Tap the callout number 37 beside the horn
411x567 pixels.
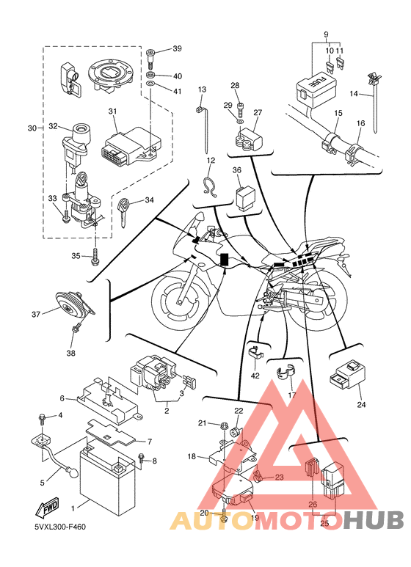pyautogui.click(x=36, y=314)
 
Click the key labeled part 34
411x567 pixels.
pyautogui.click(x=123, y=213)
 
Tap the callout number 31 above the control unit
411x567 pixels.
pyautogui.click(x=112, y=111)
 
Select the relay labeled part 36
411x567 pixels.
pyautogui.click(x=244, y=197)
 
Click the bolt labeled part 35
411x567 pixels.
pyautogui.click(x=95, y=256)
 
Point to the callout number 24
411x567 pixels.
pyautogui.click(x=361, y=405)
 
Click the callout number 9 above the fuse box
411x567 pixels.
pyautogui.click(x=326, y=34)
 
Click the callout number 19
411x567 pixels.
pyautogui.click(x=255, y=517)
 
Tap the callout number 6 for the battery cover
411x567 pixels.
pyautogui.click(x=62, y=398)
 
